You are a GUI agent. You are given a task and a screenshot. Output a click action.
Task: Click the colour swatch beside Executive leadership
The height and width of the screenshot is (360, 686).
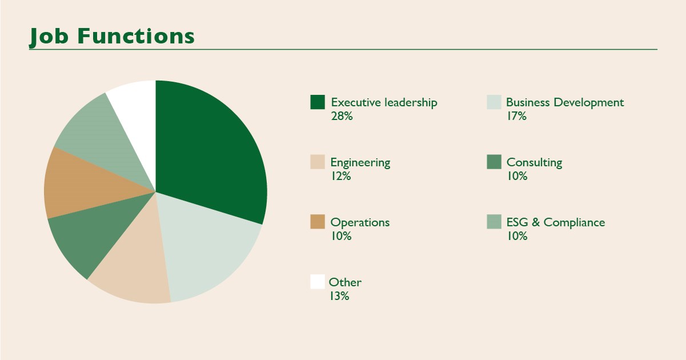pyautogui.click(x=318, y=102)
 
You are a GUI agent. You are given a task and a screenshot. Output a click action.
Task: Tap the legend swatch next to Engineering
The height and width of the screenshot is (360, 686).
pyautogui.click(x=318, y=162)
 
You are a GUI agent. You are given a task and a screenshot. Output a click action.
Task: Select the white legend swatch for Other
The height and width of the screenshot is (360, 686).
pyautogui.click(x=318, y=282)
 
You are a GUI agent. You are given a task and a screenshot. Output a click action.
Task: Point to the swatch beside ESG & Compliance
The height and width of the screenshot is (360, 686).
pyautogui.click(x=494, y=222)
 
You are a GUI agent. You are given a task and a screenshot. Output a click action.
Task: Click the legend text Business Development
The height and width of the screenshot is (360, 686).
pyautogui.click(x=565, y=103)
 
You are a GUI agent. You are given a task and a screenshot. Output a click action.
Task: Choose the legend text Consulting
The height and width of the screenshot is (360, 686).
pyautogui.click(x=534, y=163)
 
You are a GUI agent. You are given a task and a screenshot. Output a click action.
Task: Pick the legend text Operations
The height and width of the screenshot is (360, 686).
pyautogui.click(x=360, y=223)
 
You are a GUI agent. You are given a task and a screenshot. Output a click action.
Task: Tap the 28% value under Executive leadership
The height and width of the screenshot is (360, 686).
pyautogui.click(x=342, y=117)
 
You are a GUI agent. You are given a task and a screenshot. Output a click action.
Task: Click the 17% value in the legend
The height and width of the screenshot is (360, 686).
pyautogui.click(x=516, y=117)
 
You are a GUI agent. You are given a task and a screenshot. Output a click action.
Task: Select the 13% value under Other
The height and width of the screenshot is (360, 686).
pyautogui.click(x=339, y=297)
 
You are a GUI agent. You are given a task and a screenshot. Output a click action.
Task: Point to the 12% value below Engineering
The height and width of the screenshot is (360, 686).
pyautogui.click(x=340, y=177)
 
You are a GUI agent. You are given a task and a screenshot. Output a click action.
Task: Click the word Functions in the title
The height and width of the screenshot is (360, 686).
pyautogui.click(x=135, y=36)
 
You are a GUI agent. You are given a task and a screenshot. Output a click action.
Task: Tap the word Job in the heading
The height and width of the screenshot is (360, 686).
pyautogui.click(x=50, y=36)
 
